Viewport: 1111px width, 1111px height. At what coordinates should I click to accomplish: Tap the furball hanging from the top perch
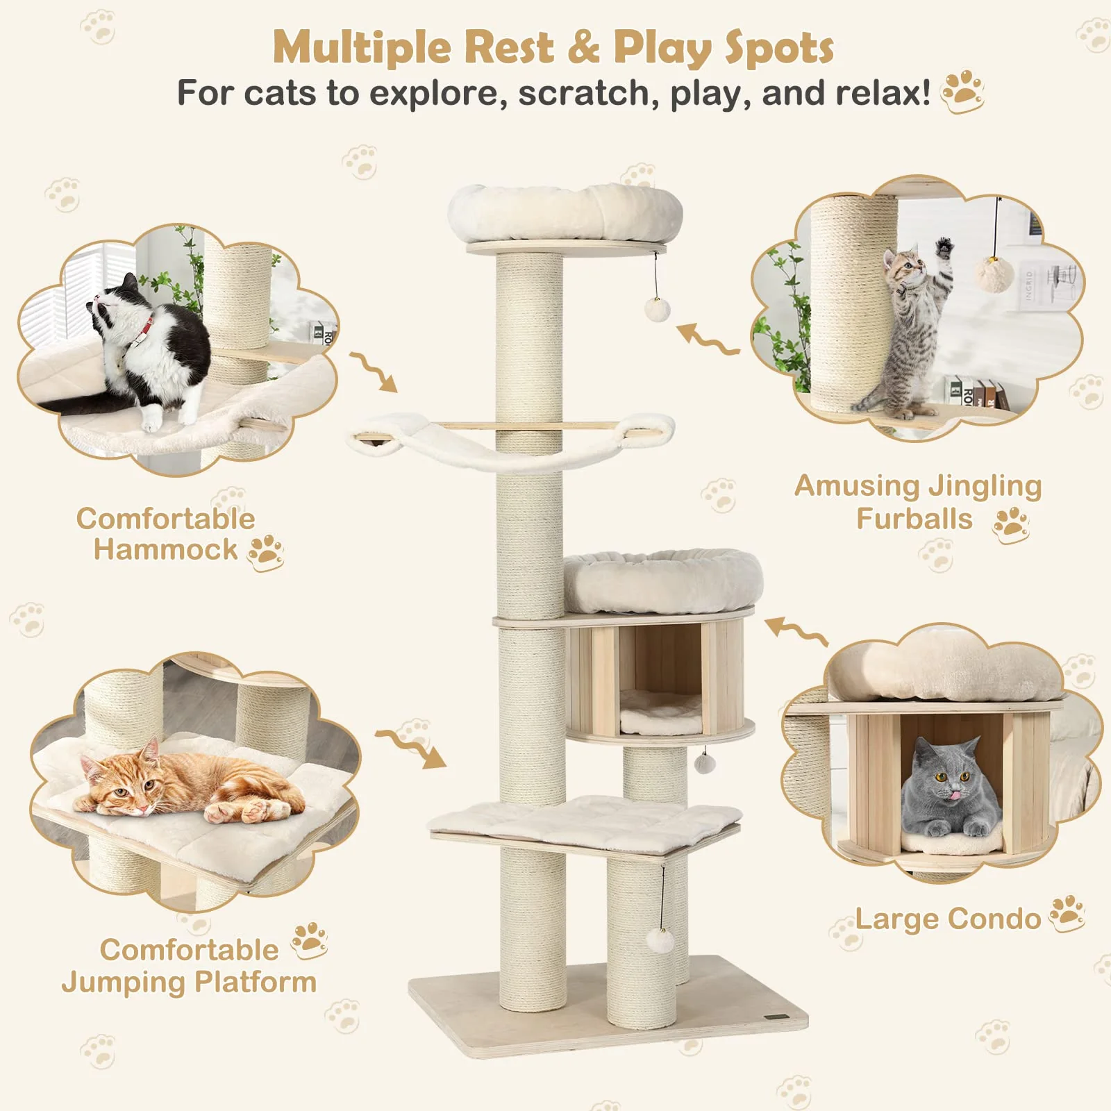coord(656,309)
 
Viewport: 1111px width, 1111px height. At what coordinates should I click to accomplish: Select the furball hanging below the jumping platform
coord(660,942)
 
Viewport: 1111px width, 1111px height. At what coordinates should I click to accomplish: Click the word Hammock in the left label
coord(165,549)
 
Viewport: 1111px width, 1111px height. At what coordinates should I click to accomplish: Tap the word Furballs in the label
coord(914,519)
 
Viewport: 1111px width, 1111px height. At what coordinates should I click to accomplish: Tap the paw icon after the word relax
coord(962,92)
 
